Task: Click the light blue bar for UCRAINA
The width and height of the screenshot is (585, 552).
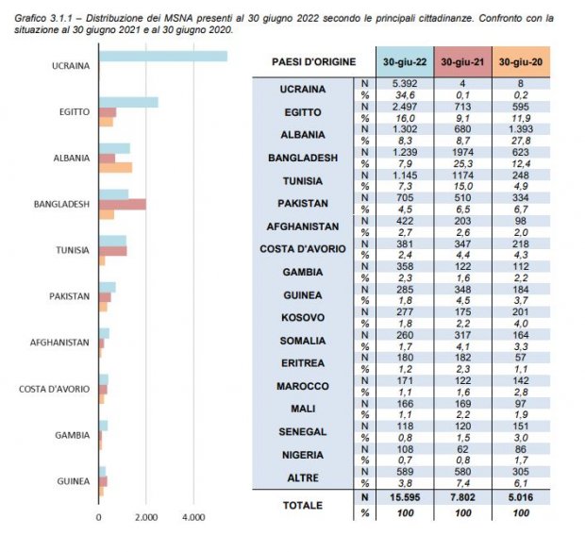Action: click(x=163, y=56)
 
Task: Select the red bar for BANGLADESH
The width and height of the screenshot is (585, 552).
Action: click(x=123, y=205)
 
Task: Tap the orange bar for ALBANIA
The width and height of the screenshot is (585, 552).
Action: click(x=116, y=168)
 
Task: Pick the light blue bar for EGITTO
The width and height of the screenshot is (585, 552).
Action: click(x=128, y=102)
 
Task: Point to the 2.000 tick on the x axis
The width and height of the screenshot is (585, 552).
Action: click(x=146, y=518)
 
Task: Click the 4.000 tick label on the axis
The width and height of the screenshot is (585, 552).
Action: click(x=193, y=518)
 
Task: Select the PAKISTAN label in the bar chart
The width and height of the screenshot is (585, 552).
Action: click(x=70, y=296)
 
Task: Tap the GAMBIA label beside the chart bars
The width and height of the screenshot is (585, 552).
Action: click(x=73, y=435)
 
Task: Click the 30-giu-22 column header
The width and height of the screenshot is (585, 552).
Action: click(x=405, y=62)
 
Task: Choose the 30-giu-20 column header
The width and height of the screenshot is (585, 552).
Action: click(x=521, y=62)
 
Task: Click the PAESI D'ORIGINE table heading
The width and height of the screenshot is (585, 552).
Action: click(x=314, y=62)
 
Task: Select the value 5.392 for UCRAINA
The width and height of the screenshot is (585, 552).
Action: click(x=405, y=84)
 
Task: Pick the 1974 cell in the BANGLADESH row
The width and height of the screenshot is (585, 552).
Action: click(x=462, y=152)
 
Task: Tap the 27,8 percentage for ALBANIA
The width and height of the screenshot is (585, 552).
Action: click(x=521, y=141)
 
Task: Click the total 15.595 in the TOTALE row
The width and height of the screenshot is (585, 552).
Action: click(x=405, y=497)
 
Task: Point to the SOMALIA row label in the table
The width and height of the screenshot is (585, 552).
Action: click(x=303, y=341)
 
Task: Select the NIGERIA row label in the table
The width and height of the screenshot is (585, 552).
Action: click(x=303, y=455)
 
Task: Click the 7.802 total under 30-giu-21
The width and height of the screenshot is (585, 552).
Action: click(x=462, y=497)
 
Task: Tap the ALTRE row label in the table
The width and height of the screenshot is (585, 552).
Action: click(x=303, y=477)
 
